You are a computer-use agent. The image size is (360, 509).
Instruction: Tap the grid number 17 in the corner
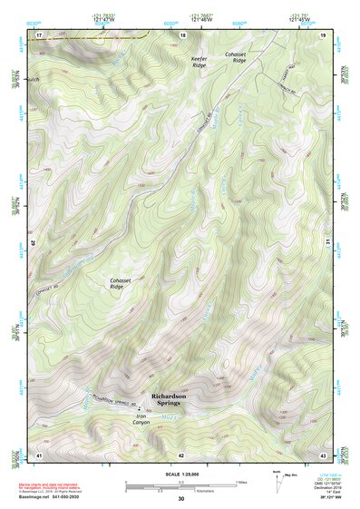pos(39,34)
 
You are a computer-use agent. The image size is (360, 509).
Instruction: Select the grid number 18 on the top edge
pos(183,34)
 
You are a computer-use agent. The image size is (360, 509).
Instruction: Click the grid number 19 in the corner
pos(323,34)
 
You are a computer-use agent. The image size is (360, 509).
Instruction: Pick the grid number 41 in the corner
pos(39,454)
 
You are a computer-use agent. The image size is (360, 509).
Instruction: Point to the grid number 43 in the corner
pos(323,454)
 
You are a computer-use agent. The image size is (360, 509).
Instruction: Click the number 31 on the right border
pos(328,240)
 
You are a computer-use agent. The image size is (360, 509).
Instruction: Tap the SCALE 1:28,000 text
pos(180,474)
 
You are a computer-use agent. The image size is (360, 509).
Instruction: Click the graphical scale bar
pos(180,485)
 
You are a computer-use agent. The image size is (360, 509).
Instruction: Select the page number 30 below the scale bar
pos(180,499)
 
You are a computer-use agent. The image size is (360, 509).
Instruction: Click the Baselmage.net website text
pos(52,497)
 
